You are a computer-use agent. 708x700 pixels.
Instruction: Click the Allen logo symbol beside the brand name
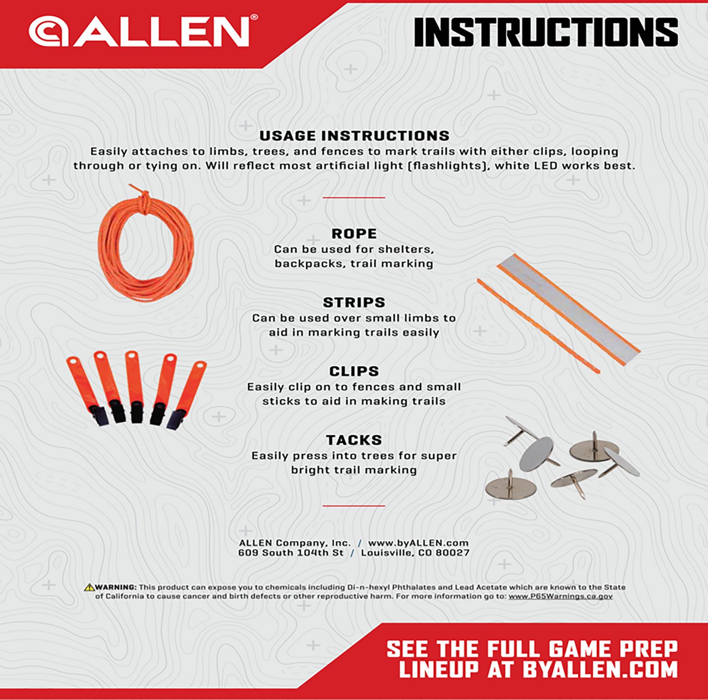(x=49, y=32)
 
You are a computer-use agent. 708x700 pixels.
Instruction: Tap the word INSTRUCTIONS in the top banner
(x=546, y=32)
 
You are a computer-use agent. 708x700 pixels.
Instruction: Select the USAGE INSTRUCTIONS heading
(x=354, y=136)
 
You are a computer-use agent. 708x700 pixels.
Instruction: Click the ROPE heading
(x=354, y=233)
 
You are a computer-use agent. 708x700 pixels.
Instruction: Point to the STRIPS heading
(x=354, y=302)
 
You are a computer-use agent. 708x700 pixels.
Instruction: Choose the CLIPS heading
(x=354, y=371)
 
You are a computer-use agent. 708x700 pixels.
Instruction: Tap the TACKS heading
(x=354, y=440)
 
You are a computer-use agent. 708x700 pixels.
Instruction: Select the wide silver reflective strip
(x=569, y=309)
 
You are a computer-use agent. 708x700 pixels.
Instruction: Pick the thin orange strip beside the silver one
(x=538, y=326)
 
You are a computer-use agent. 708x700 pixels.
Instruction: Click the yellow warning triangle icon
(x=89, y=587)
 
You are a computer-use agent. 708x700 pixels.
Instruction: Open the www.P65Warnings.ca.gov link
(x=561, y=596)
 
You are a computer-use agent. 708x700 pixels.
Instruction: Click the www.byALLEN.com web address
(x=418, y=543)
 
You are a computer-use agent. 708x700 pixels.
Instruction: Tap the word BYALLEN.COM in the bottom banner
(x=600, y=669)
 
